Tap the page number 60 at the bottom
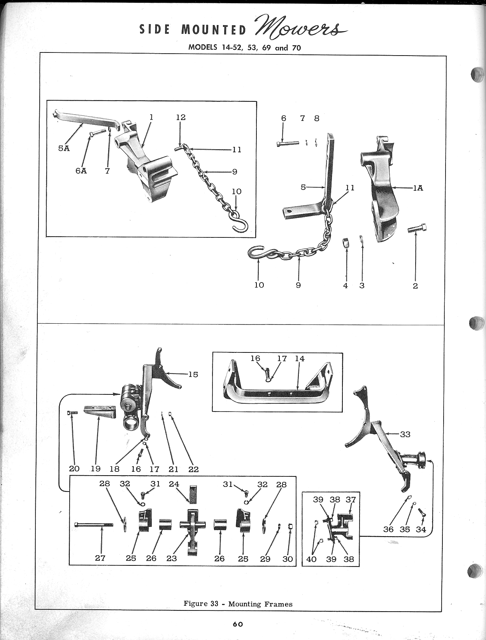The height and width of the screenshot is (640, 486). click(238, 624)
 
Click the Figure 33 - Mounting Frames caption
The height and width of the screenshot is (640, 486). click(238, 603)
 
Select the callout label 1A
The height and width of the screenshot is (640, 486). click(418, 188)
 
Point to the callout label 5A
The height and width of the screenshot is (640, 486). click(64, 148)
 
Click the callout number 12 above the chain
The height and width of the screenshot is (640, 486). click(181, 117)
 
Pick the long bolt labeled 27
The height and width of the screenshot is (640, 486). click(93, 525)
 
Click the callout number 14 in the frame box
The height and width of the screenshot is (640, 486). click(300, 359)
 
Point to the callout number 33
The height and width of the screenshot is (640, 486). click(405, 434)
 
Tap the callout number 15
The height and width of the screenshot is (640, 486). click(193, 374)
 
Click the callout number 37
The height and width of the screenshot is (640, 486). click(351, 499)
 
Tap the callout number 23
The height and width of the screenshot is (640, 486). click(171, 558)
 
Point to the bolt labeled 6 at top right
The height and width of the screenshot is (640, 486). click(288, 143)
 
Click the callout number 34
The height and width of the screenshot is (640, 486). click(421, 529)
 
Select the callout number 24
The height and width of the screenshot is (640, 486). click(174, 484)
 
